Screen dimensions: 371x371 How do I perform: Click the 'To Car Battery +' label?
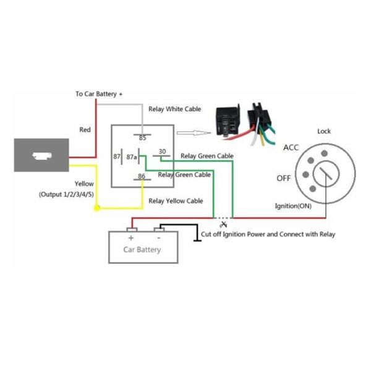[x=99, y=94]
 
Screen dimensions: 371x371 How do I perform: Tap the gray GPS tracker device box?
[x=41, y=156]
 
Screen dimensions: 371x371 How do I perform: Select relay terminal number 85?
[x=142, y=137]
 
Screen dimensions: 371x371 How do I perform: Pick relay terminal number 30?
[x=162, y=151]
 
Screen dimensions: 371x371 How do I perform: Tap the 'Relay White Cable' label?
[x=175, y=109]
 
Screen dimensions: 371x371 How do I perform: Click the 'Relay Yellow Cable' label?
[x=176, y=200]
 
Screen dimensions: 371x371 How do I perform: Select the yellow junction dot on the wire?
[x=96, y=208]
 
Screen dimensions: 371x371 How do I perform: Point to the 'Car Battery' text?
[x=142, y=250]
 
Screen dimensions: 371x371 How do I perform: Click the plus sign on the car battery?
[x=131, y=237]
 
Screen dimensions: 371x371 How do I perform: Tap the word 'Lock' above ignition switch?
[x=324, y=131]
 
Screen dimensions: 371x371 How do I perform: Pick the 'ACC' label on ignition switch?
[x=291, y=148]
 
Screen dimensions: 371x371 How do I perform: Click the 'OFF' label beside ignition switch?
[x=284, y=178]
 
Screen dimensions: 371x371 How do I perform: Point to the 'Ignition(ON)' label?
[x=293, y=206]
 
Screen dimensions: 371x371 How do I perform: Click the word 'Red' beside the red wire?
[x=85, y=130]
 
